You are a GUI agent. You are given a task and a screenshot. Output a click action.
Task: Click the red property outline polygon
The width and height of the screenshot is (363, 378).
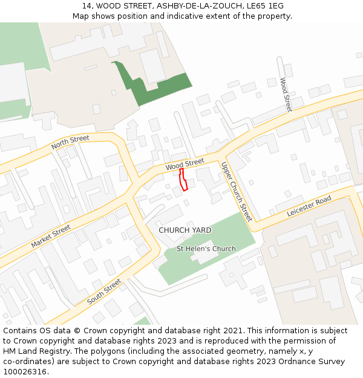pyautogui.click(x=183, y=180)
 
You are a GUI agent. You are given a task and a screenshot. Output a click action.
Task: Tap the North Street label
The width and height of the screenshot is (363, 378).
pyautogui.click(x=70, y=143)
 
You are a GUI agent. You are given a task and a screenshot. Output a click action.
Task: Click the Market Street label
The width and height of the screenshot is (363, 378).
pyautogui.click(x=51, y=236)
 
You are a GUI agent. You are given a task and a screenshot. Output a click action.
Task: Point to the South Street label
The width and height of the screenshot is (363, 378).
pyautogui.click(x=104, y=292)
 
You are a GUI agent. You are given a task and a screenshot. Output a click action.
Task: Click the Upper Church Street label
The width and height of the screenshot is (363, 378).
pyautogui.click(x=236, y=191)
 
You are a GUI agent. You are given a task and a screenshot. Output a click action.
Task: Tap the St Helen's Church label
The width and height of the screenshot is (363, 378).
pyautogui.click(x=206, y=249)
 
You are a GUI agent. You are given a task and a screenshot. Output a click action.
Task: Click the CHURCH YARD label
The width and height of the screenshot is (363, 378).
pyautogui.click(x=185, y=230)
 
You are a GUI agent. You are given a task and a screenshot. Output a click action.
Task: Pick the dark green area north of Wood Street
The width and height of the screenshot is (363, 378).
pyautogui.click(x=151, y=88)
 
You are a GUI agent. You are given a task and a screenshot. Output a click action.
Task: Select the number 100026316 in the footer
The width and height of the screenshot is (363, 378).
pyautogui.click(x=25, y=372)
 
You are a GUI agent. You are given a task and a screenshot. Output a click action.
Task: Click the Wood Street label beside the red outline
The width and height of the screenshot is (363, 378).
pyautogui.click(x=185, y=164)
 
